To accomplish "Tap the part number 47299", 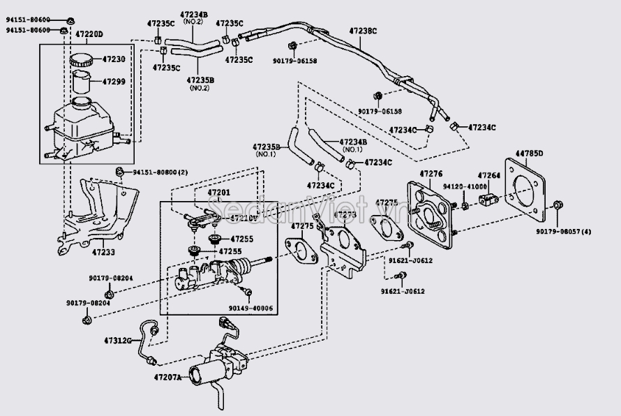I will [x=114, y=82].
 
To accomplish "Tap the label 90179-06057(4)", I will [x=564, y=231].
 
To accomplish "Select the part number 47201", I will [x=219, y=192].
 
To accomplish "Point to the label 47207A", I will [x=167, y=378].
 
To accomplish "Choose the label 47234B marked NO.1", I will [x=352, y=142].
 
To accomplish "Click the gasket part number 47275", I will [x=302, y=226].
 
